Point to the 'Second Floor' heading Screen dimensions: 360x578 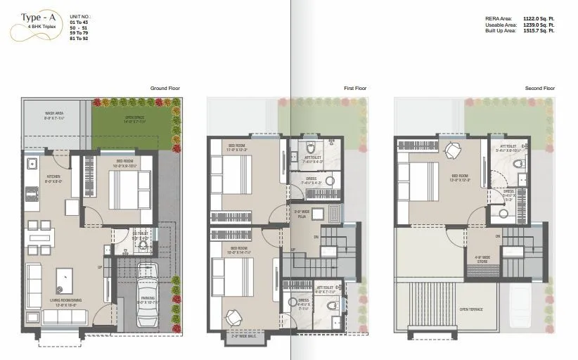point(540,88)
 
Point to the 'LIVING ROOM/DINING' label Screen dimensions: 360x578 point(65,300)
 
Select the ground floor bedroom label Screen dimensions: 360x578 point(125,160)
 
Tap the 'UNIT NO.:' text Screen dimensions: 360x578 point(81,14)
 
